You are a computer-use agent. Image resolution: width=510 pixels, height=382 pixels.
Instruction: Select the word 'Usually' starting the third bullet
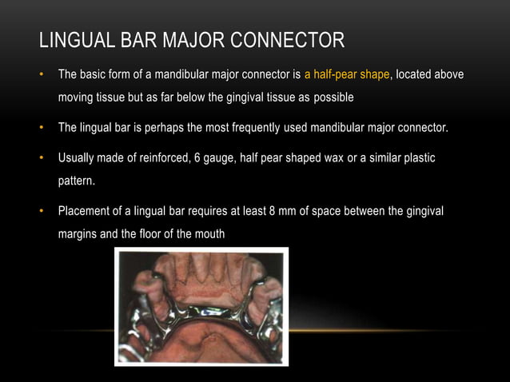[77, 157]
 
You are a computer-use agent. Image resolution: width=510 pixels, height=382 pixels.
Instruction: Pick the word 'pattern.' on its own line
[76, 181]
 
